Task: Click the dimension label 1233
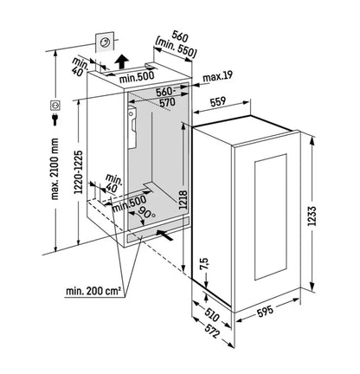point(313,216)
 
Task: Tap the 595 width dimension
point(265,311)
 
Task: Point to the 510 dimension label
point(212,314)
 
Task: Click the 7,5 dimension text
point(203,264)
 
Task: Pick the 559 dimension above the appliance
point(218,101)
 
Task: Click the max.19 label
point(217,77)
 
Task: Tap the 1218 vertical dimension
point(183,200)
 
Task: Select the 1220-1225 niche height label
point(79,171)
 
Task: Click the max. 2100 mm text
point(55,169)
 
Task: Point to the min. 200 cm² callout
point(93,291)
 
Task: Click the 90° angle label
point(146,213)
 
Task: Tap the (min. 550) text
point(176,48)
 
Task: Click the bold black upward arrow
point(122,61)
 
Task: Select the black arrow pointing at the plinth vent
point(164,235)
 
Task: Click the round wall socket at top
point(105,42)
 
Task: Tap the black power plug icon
point(55,119)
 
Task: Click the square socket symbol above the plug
point(55,106)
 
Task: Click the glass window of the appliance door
point(271,216)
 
